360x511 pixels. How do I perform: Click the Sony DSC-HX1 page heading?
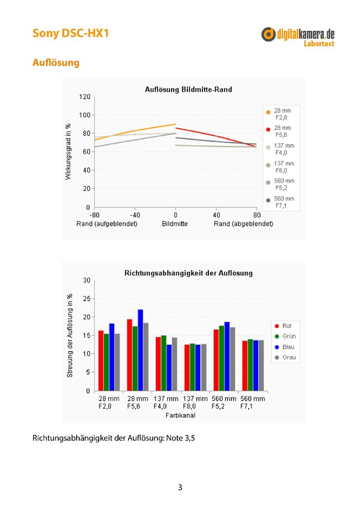[x=70, y=33]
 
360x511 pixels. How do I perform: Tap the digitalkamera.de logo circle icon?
[x=268, y=34]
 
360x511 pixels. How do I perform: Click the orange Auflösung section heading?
[x=56, y=62]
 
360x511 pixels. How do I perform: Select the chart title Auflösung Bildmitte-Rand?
[x=188, y=89]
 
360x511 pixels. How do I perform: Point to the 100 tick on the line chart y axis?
[x=84, y=115]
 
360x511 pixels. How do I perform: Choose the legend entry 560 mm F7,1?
[x=280, y=202]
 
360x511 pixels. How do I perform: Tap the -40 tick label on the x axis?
[x=135, y=215]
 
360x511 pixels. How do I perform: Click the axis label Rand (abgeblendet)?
[x=243, y=224]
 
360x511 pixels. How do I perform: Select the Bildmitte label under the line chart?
[x=175, y=224]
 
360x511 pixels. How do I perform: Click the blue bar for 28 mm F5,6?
[x=140, y=350]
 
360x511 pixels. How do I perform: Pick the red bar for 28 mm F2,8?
[x=101, y=361]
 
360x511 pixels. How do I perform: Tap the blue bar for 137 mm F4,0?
[x=169, y=368]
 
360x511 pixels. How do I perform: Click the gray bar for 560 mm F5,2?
[x=232, y=359]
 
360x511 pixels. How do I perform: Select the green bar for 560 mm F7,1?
[x=250, y=365]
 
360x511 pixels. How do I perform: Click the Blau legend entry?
[x=284, y=347]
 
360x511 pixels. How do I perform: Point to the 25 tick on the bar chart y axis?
[x=87, y=299]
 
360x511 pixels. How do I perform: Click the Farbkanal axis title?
[x=181, y=415]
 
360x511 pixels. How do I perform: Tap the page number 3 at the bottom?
[x=180, y=487]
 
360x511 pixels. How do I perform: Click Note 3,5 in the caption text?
[x=181, y=438]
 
